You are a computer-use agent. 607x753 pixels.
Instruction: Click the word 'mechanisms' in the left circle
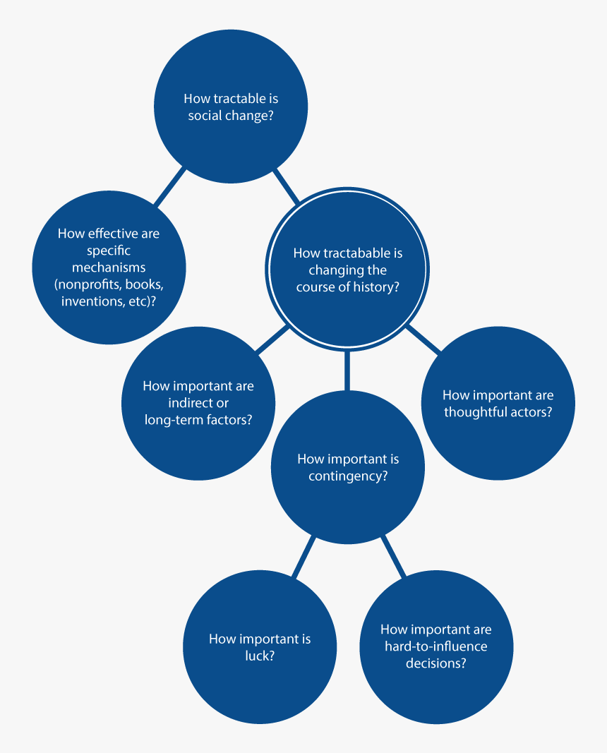pos(109,267)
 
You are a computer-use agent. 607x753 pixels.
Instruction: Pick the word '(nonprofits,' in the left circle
pos(88,284)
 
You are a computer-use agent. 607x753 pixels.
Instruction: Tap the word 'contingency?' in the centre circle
pos(348,476)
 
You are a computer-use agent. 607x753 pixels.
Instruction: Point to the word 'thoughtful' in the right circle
pos(473,412)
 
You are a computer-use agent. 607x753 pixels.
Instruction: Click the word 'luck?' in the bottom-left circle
pos(260,656)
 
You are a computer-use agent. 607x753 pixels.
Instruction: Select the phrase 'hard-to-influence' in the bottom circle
pos(436,646)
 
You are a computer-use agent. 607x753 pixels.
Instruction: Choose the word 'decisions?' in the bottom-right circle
pos(436,663)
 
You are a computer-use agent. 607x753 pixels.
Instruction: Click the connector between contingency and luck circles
pos(304,557)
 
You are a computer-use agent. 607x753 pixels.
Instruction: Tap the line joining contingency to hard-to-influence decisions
pos(393,556)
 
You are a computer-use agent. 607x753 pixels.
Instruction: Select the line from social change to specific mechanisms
pos(169,186)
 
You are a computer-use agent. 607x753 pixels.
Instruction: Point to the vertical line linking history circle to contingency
pos(347,371)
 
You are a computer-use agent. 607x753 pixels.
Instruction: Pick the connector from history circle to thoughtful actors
pos(423,339)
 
